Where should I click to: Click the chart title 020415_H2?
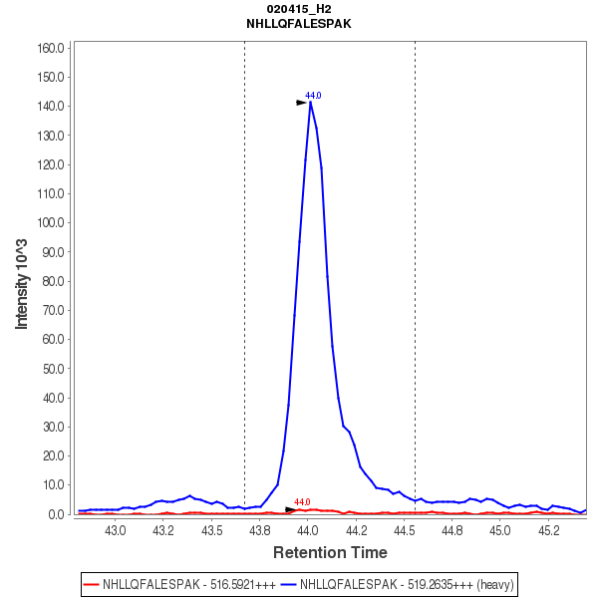298,8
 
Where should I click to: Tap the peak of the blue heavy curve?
311,102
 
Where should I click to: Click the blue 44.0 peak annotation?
313,95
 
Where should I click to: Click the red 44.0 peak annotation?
302,502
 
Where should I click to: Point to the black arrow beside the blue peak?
301,102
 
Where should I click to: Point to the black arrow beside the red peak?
290,509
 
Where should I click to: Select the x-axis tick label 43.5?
211,530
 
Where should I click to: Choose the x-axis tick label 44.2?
356,530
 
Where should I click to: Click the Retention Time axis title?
330,552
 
